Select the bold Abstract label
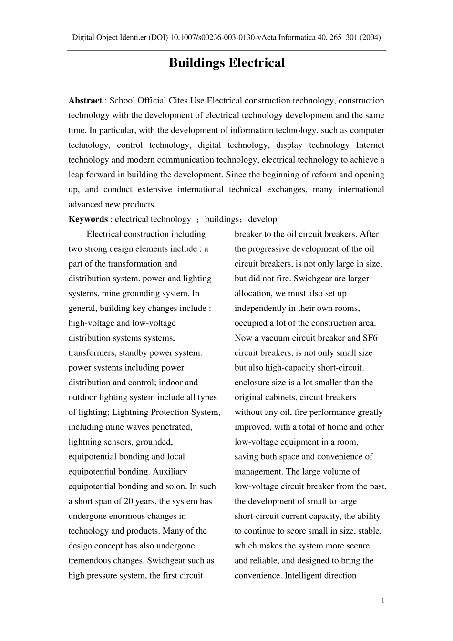point(85,100)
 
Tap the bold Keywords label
point(88,219)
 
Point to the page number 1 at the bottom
point(382,600)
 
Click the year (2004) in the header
point(371,37)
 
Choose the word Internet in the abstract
point(370,145)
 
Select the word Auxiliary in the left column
point(170,471)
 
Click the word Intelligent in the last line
point(304,575)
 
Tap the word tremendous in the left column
point(91,560)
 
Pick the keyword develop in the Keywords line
point(263,219)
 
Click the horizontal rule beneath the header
point(226,50)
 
